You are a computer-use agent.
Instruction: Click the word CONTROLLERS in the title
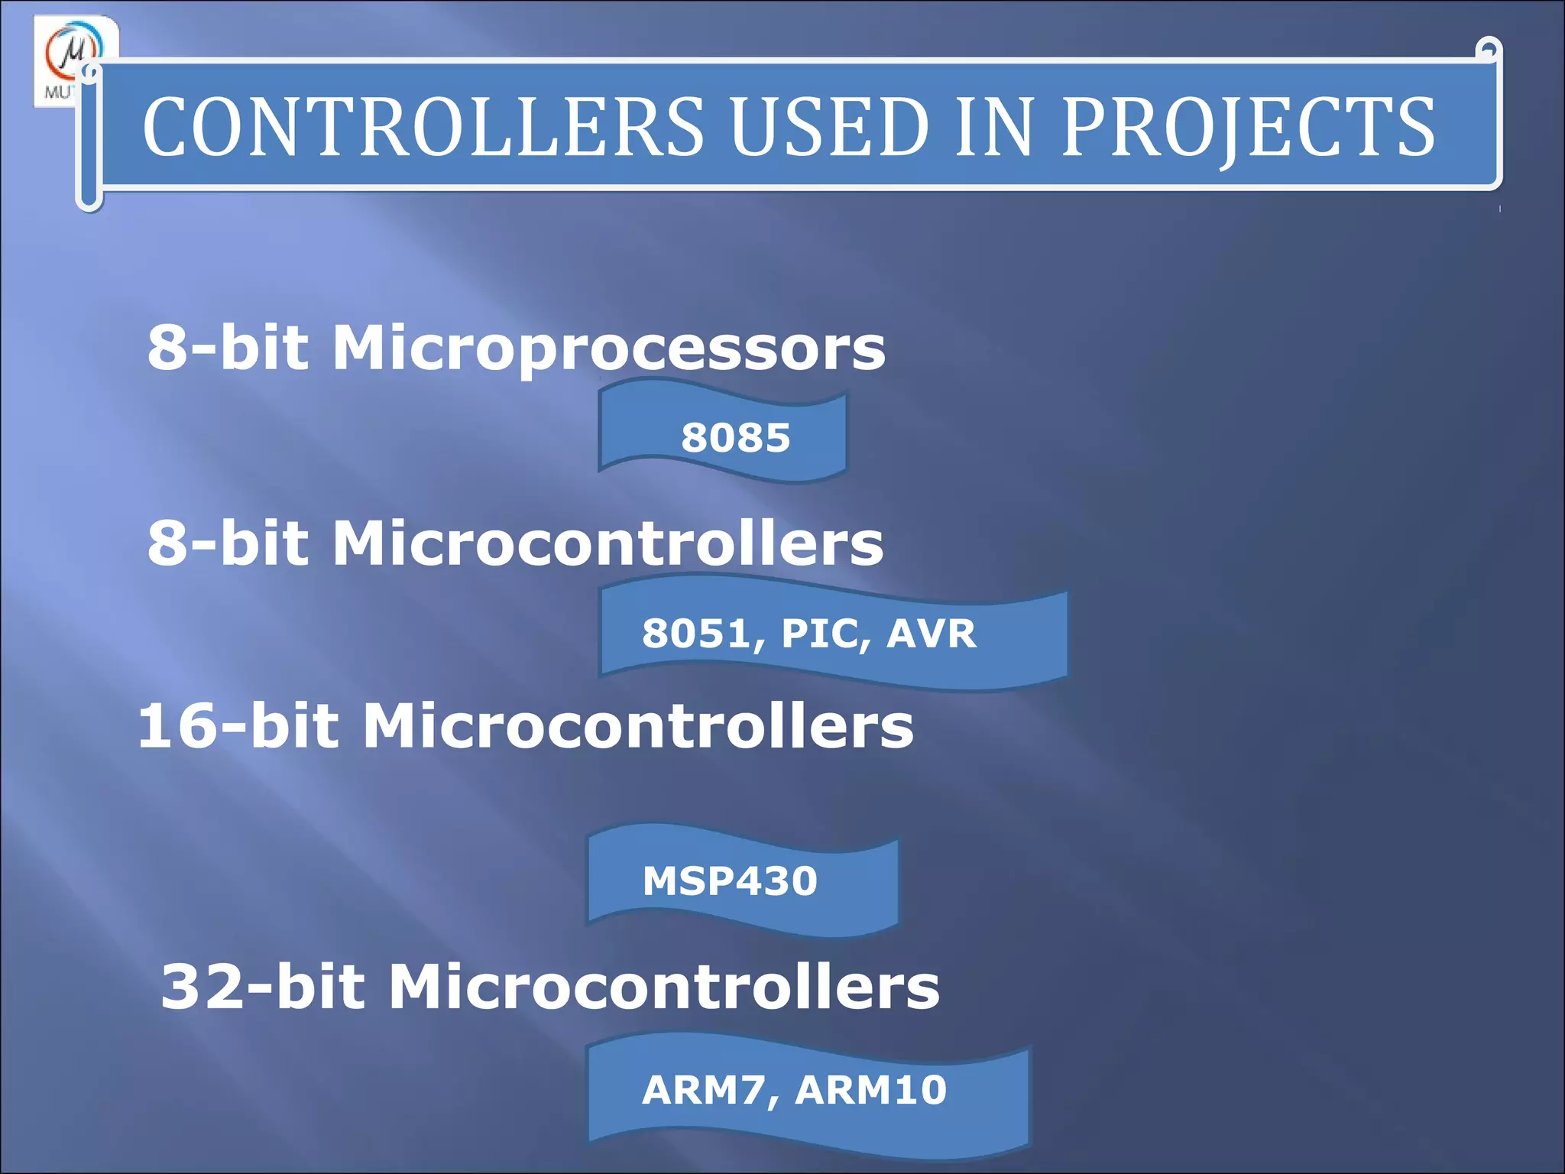(423, 128)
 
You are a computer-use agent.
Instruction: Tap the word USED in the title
(829, 128)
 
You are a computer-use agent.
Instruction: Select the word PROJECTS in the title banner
(1248, 128)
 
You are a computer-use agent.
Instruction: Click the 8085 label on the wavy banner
(735, 438)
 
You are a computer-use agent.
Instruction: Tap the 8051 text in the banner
(703, 634)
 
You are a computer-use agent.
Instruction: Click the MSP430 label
(730, 880)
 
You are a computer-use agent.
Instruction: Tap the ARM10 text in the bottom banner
(871, 1090)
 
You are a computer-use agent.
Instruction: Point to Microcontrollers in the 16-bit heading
(638, 725)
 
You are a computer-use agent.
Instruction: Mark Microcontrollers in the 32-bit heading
(664, 987)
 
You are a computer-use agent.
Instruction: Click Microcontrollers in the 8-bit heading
(608, 543)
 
